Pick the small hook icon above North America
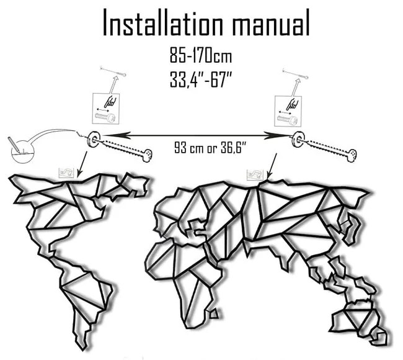coord(66,173)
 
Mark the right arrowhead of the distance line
coord(287,135)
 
